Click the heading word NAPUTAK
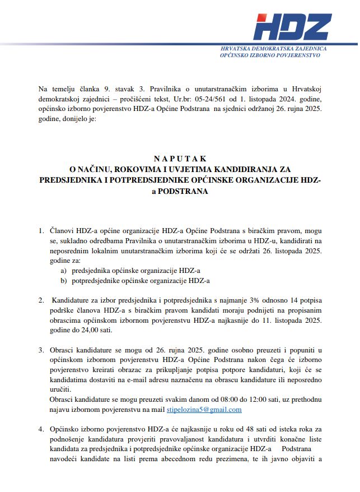pyautogui.click(x=180, y=159)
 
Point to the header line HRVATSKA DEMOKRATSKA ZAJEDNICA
pyautogui.click(x=274, y=49)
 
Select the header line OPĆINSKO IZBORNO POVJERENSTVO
pyautogui.click(x=270, y=55)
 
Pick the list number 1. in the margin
pyautogui.click(x=41, y=231)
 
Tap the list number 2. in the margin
pyautogui.click(x=41, y=300)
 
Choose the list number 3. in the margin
pyautogui.click(x=41, y=350)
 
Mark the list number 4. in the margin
pyautogui.click(x=41, y=429)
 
